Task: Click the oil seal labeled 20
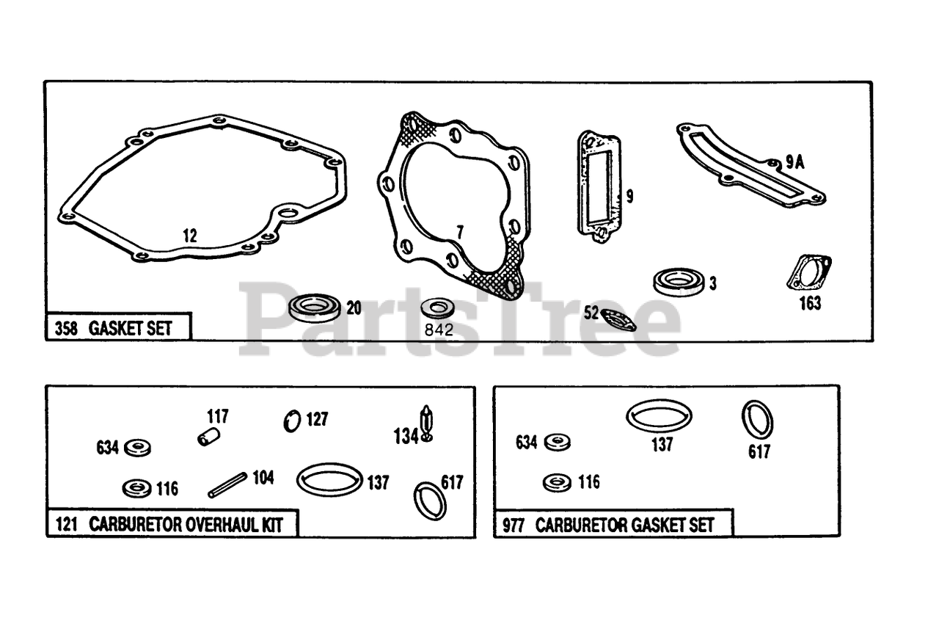coord(315,307)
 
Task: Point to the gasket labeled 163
coord(808,273)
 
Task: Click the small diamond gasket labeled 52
coord(618,320)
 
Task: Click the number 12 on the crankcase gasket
coord(190,236)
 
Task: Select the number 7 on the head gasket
coord(459,232)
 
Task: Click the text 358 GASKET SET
coord(113,328)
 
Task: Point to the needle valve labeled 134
coord(426,424)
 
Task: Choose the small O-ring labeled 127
coord(292,421)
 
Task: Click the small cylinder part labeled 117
coord(208,437)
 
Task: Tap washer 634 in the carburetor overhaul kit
coord(137,447)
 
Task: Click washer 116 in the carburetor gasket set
coord(558,482)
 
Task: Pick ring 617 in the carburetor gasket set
coord(757,419)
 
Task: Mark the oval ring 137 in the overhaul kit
coord(329,479)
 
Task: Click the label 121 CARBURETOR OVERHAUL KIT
coord(167,525)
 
